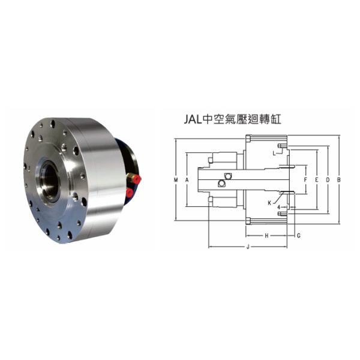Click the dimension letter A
coord(187,179)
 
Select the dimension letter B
coord(339,179)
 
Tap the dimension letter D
coord(328,179)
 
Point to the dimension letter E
coord(316,179)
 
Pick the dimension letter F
coord(305,179)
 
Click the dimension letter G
coord(298,235)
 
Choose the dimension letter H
coord(266,235)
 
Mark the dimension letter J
coord(248,247)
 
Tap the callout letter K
coord(270,203)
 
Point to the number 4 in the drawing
coord(279,208)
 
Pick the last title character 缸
coord(276,119)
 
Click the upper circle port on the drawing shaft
coord(228,176)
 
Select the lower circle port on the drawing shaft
coord(223,183)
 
